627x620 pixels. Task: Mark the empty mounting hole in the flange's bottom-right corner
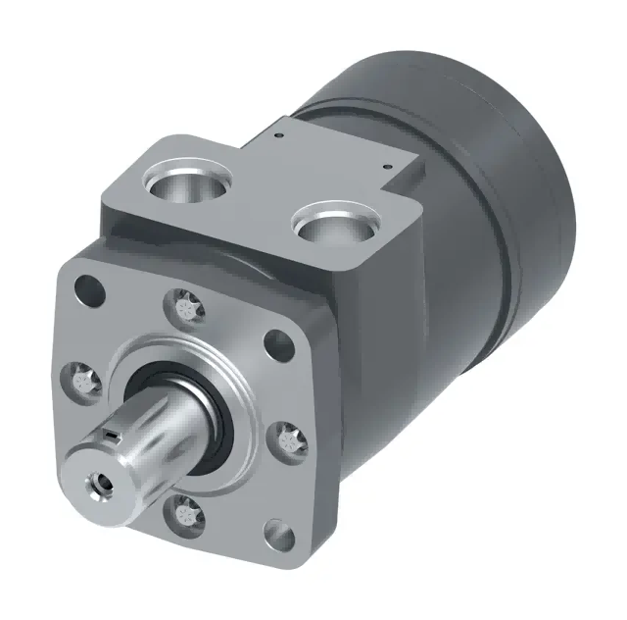(x=280, y=535)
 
